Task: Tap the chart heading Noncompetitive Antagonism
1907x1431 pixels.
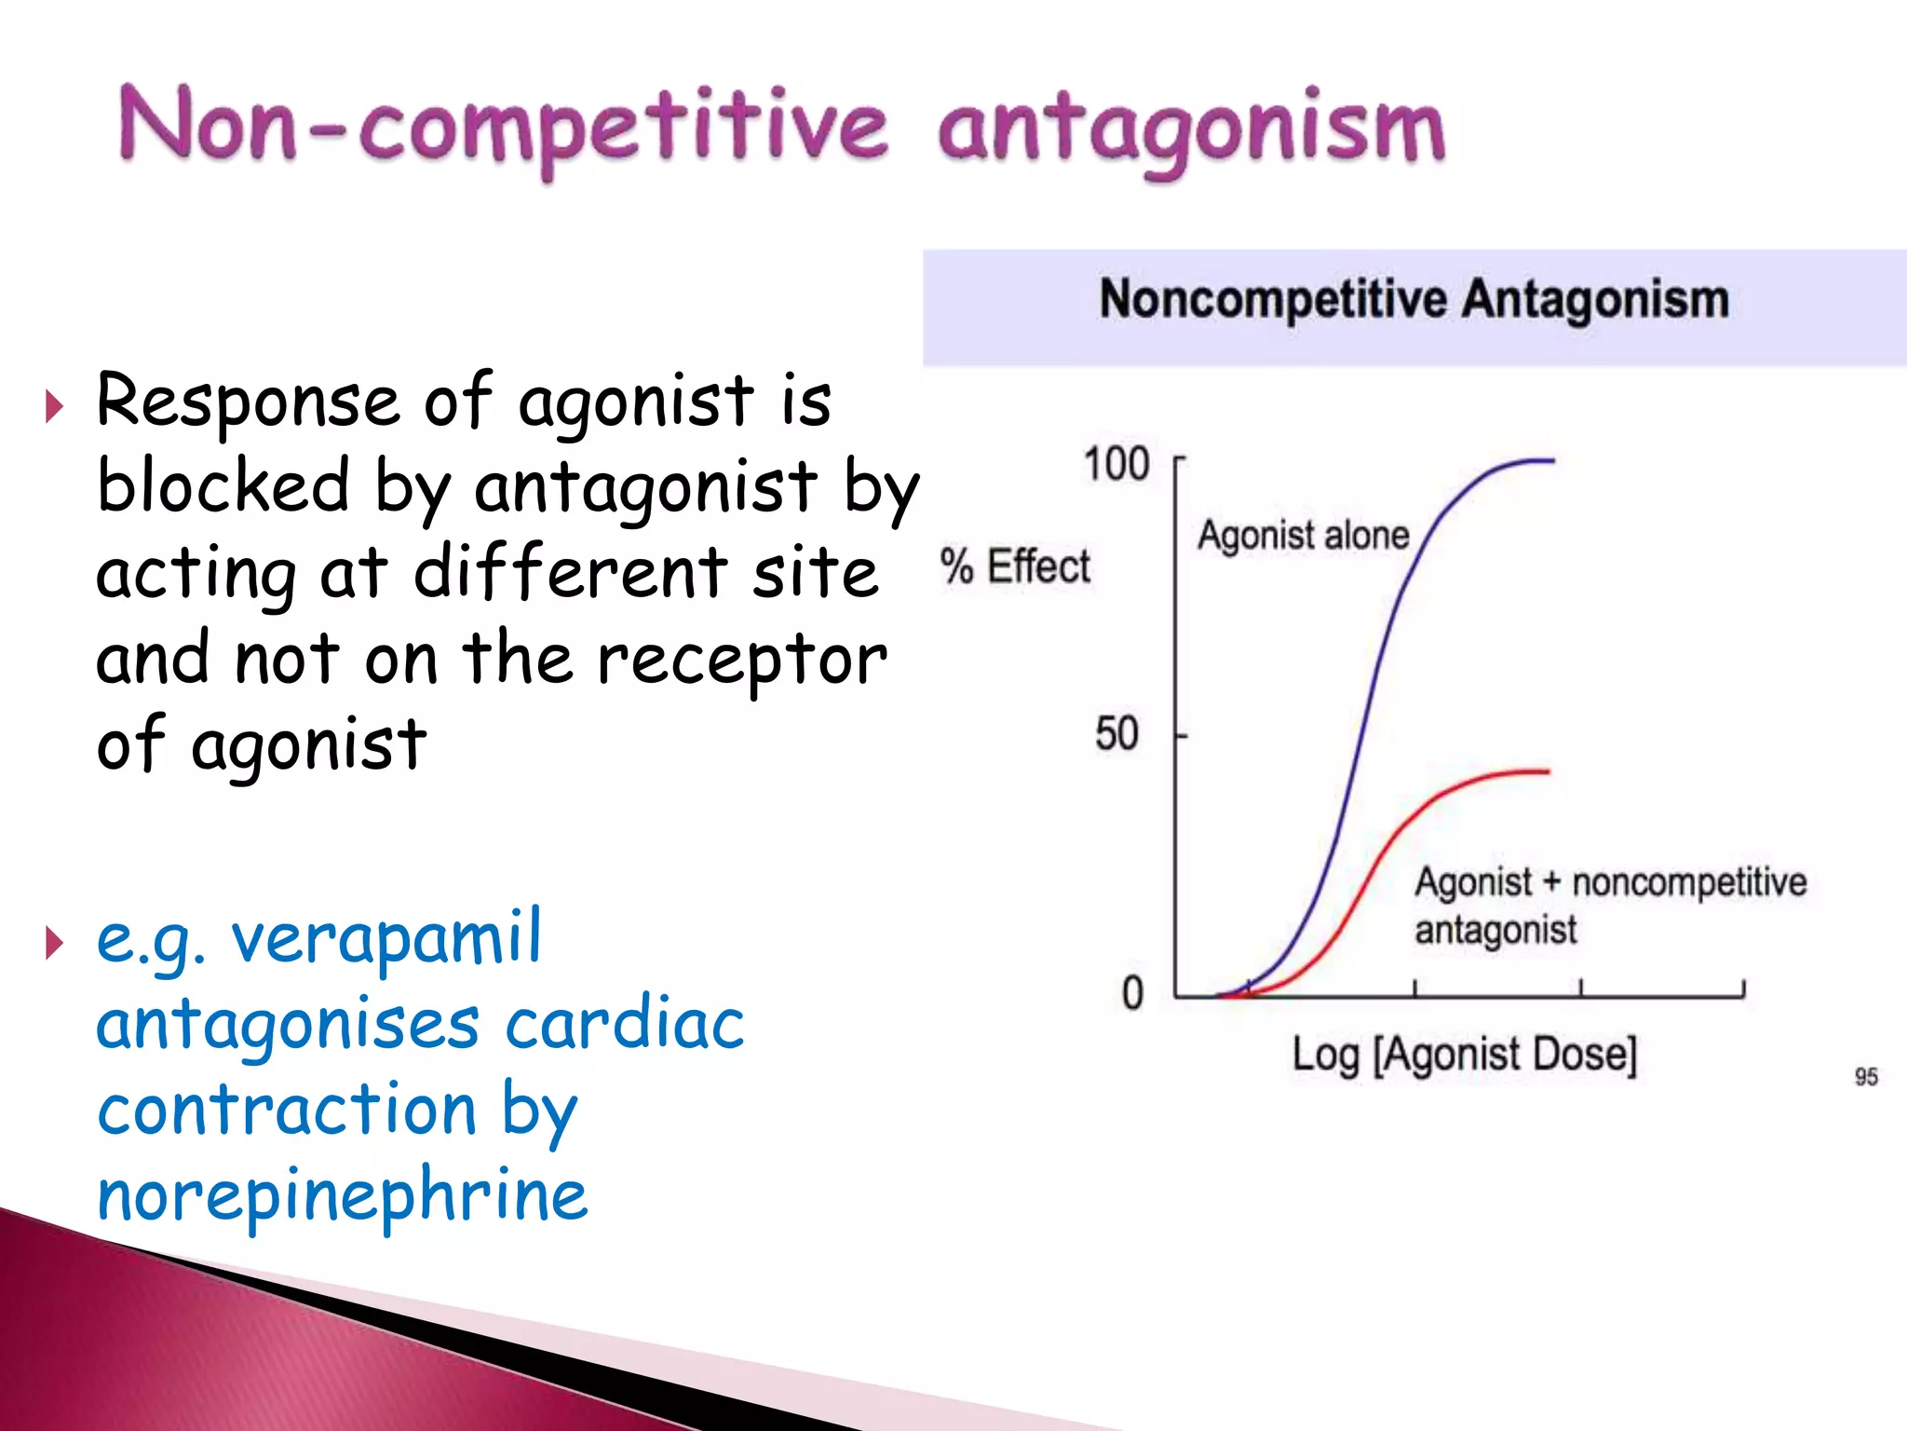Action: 1413,300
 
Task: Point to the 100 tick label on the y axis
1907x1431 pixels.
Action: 1116,464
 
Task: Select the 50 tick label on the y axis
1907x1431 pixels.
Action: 1116,734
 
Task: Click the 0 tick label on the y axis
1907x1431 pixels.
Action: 1132,993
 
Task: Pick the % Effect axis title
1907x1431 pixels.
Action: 1015,566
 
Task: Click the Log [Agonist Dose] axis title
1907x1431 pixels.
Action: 1464,1056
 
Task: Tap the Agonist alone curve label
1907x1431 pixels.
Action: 1303,536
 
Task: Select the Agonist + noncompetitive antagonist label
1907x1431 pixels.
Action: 1609,905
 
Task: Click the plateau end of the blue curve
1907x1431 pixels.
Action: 1549,460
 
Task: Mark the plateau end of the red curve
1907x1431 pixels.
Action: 1545,771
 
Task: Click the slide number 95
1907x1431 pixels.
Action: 1866,1077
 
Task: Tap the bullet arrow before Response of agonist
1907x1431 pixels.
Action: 55,406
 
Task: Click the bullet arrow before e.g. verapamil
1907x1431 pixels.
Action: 55,943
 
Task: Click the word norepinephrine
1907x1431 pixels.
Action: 343,1195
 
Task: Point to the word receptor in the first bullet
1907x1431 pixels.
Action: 741,661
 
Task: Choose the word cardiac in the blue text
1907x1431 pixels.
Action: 624,1024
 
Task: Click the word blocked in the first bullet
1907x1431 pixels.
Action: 223,485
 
